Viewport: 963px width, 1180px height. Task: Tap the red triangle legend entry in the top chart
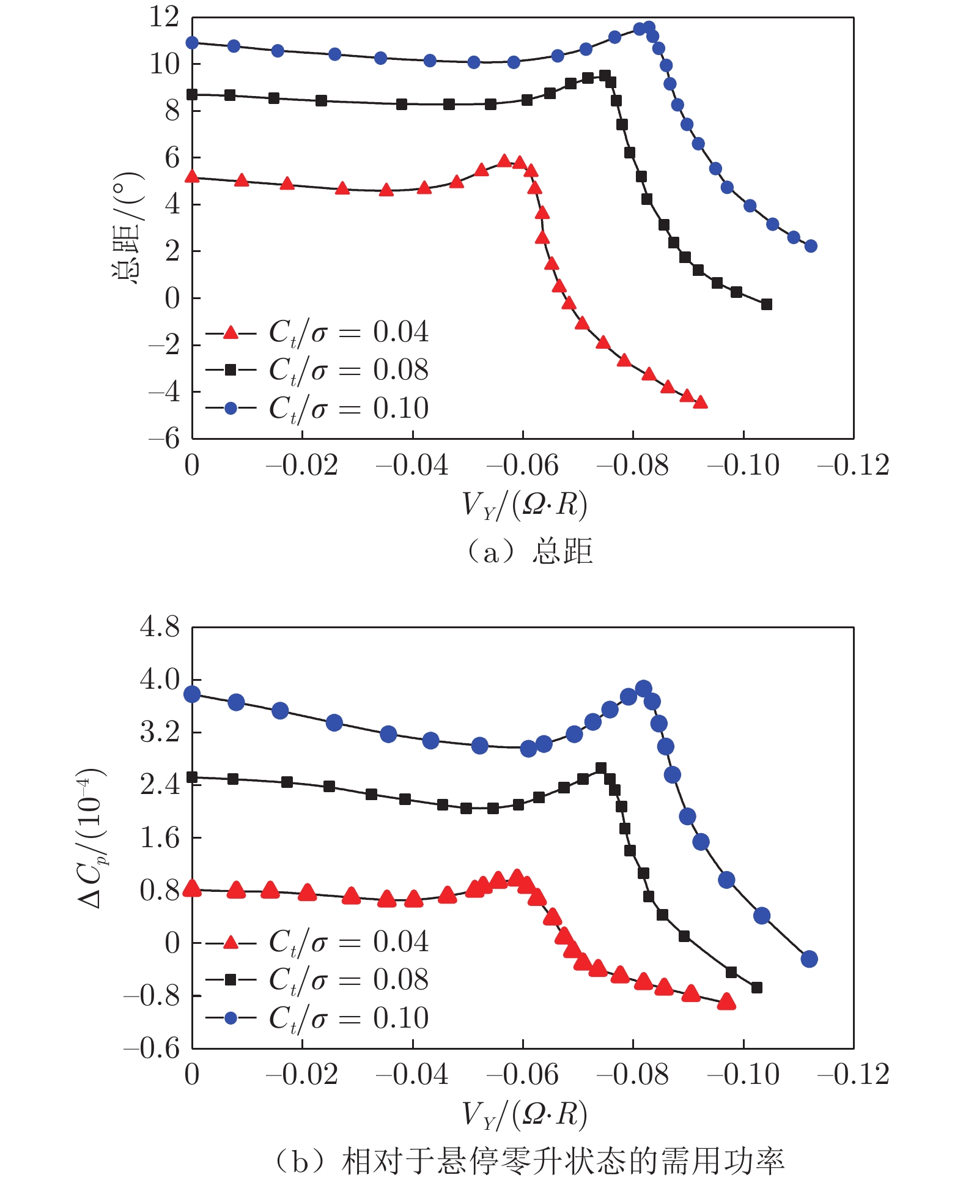click(x=317, y=333)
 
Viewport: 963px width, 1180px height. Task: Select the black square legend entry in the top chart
click(x=317, y=370)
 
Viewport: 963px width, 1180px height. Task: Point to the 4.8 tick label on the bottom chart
click(x=160, y=627)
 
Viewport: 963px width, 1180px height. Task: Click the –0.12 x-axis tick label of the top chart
click(x=853, y=466)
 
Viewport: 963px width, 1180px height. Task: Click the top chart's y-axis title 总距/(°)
click(x=127, y=228)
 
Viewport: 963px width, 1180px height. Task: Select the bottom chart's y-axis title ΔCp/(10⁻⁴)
click(x=92, y=837)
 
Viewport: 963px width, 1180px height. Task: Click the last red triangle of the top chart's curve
click(x=701, y=402)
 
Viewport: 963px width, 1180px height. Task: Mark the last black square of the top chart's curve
click(x=767, y=304)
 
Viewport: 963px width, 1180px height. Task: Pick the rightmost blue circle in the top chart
click(x=811, y=246)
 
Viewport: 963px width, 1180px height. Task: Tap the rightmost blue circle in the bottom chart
click(x=809, y=959)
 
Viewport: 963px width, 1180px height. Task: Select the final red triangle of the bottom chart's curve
click(x=726, y=1001)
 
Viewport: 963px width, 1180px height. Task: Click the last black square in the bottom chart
click(x=756, y=988)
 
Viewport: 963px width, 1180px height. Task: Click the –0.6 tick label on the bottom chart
click(x=152, y=1049)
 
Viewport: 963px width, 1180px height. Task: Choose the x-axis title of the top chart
click(x=525, y=505)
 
